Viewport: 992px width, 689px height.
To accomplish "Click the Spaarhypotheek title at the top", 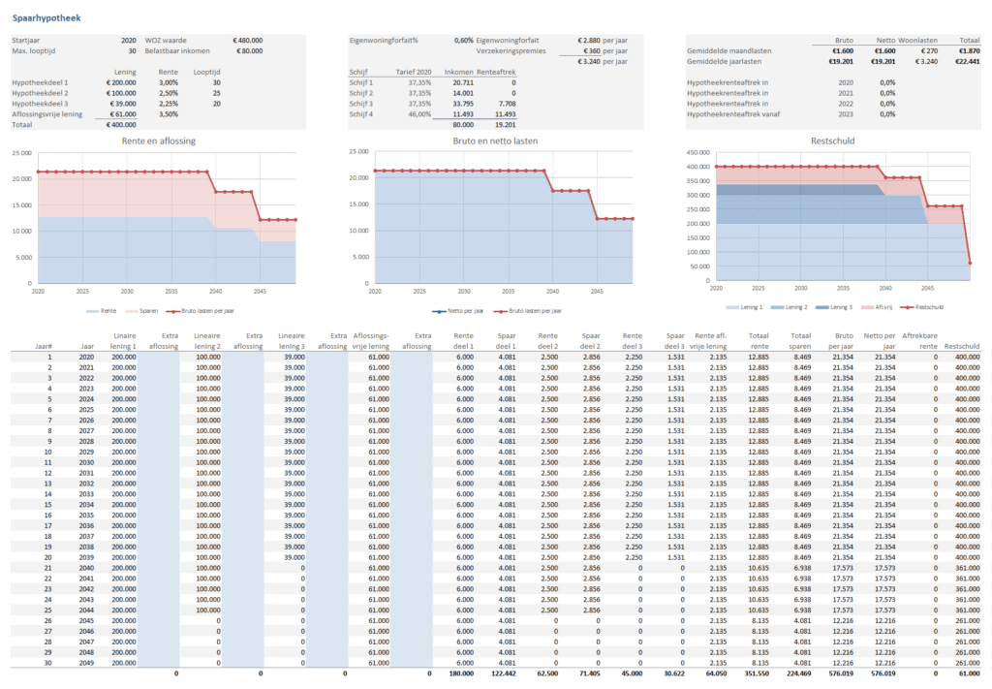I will (46, 16).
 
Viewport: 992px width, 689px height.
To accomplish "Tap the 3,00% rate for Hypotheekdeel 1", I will (170, 82).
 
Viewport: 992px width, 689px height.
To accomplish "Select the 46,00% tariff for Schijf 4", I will (418, 114).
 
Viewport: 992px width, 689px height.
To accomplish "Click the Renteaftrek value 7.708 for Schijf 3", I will (506, 104).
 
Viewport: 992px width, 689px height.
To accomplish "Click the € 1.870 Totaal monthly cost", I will (965, 50).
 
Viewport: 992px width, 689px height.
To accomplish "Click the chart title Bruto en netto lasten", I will (495, 141).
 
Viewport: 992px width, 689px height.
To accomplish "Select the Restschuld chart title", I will (833, 141).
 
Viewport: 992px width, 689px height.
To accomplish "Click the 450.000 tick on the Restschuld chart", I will (698, 152).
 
